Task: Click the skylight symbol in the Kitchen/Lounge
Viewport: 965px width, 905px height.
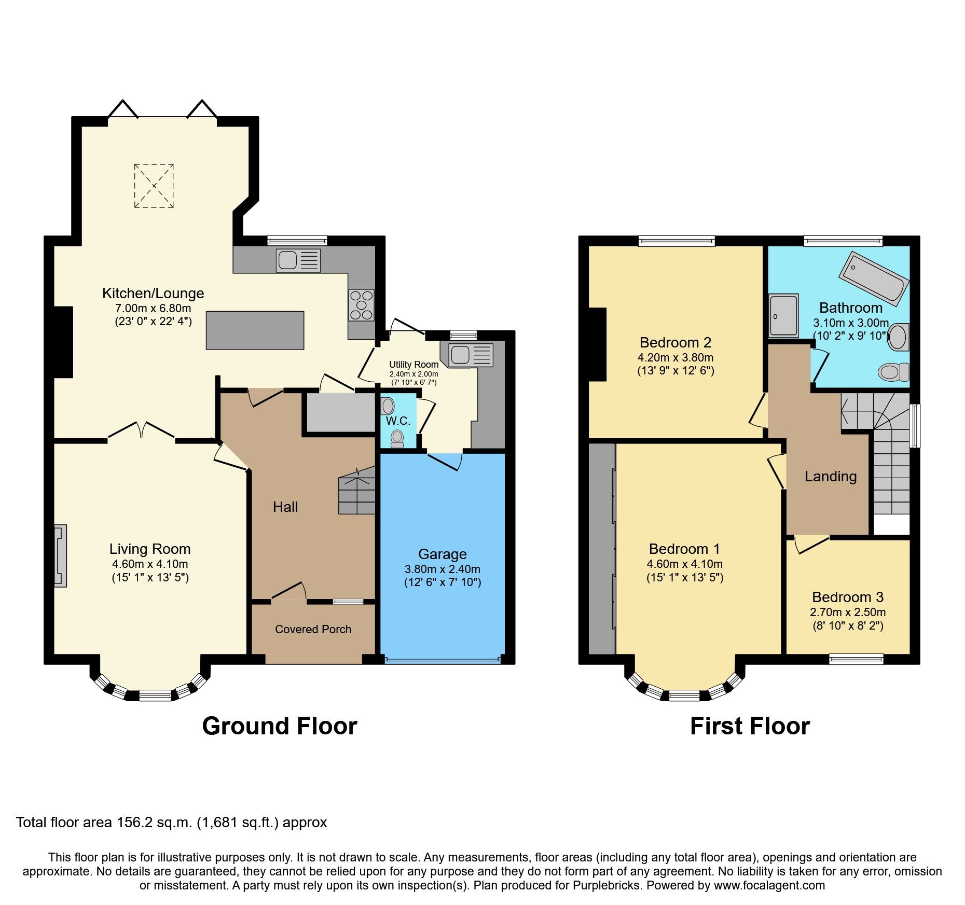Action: point(154,186)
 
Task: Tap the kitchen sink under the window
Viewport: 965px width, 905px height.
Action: point(298,260)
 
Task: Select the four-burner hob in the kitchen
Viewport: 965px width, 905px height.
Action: point(361,305)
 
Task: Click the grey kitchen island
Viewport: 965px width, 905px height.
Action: point(255,330)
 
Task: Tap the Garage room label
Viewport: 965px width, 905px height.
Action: point(442,554)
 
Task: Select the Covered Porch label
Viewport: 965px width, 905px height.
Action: point(313,629)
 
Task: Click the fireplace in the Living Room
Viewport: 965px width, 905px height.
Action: point(60,555)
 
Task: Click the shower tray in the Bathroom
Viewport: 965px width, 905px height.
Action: point(783,315)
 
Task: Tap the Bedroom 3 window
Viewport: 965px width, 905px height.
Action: point(856,659)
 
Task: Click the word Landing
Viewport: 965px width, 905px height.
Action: point(830,477)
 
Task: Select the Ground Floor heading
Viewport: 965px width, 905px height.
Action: point(279,726)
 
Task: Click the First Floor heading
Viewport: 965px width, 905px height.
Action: point(749,726)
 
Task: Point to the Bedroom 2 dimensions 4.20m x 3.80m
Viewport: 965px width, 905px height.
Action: point(675,357)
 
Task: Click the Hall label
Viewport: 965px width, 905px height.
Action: point(285,507)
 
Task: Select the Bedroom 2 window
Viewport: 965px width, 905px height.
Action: point(676,241)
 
